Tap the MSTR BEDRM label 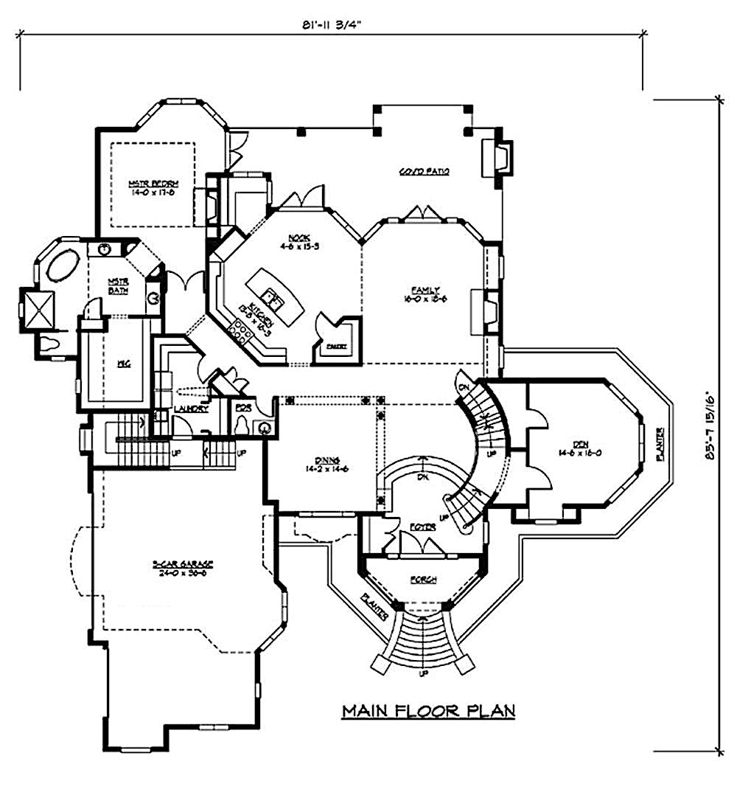pyautogui.click(x=150, y=188)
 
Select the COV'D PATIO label pyautogui.click(x=425, y=172)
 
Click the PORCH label pyautogui.click(x=423, y=580)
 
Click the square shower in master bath pyautogui.click(x=41, y=308)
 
